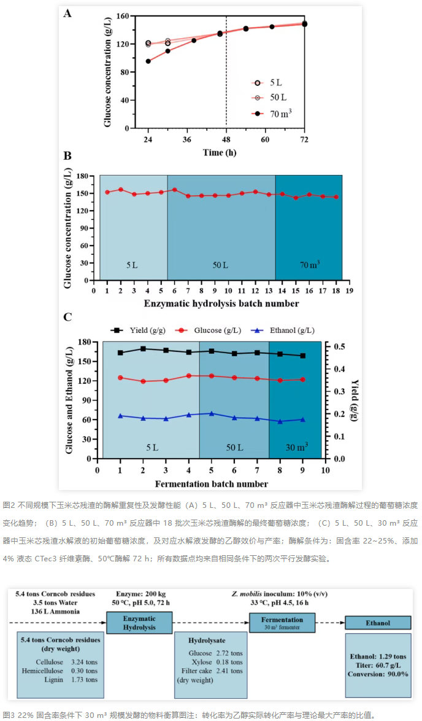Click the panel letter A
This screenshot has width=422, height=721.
click(68, 13)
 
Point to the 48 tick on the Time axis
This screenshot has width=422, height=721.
click(226, 140)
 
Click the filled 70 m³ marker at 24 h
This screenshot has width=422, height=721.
click(148, 61)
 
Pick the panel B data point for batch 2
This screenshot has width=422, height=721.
click(120, 190)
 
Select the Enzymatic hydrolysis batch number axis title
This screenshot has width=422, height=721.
click(221, 303)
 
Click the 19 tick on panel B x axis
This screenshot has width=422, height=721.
click(349, 290)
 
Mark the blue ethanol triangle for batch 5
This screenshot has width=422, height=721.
click(212, 413)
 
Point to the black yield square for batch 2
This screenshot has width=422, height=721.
click(143, 349)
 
